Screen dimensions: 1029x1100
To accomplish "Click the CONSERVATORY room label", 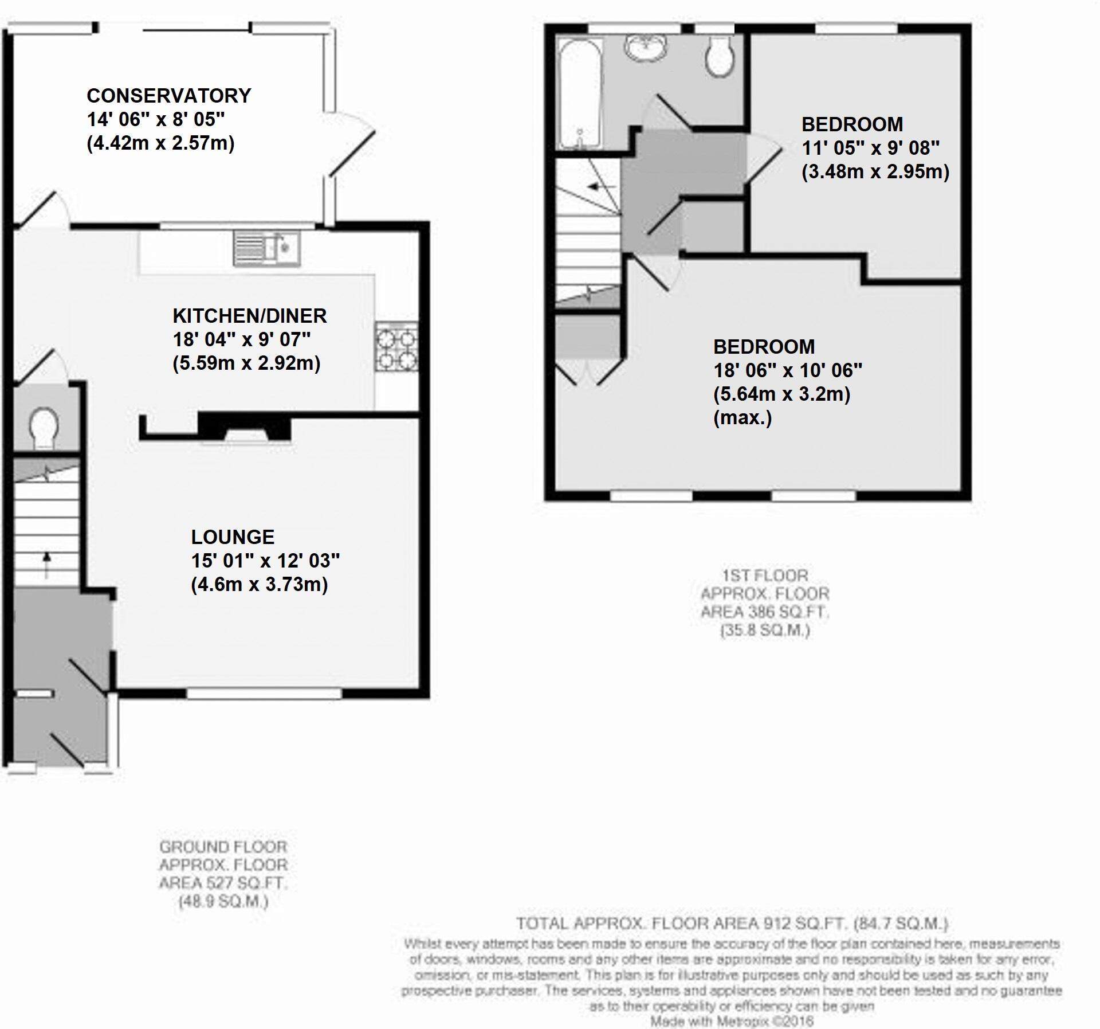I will (168, 95).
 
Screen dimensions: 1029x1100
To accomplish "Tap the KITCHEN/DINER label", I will (249, 316).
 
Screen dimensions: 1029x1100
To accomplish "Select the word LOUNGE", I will (233, 537).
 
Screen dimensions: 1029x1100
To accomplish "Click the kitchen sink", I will (266, 249).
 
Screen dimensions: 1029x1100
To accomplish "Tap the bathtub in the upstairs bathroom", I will (580, 92).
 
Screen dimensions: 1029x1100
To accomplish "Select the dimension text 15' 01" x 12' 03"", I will (265, 561).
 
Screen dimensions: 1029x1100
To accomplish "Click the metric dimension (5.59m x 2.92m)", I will (246, 363).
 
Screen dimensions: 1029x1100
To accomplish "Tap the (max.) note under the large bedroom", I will (742, 418).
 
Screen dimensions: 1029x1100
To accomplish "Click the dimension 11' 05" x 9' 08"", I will (870, 148).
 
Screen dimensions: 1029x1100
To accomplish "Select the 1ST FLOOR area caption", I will (764, 602).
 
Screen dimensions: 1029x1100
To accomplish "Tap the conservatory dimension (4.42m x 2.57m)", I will (160, 143).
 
